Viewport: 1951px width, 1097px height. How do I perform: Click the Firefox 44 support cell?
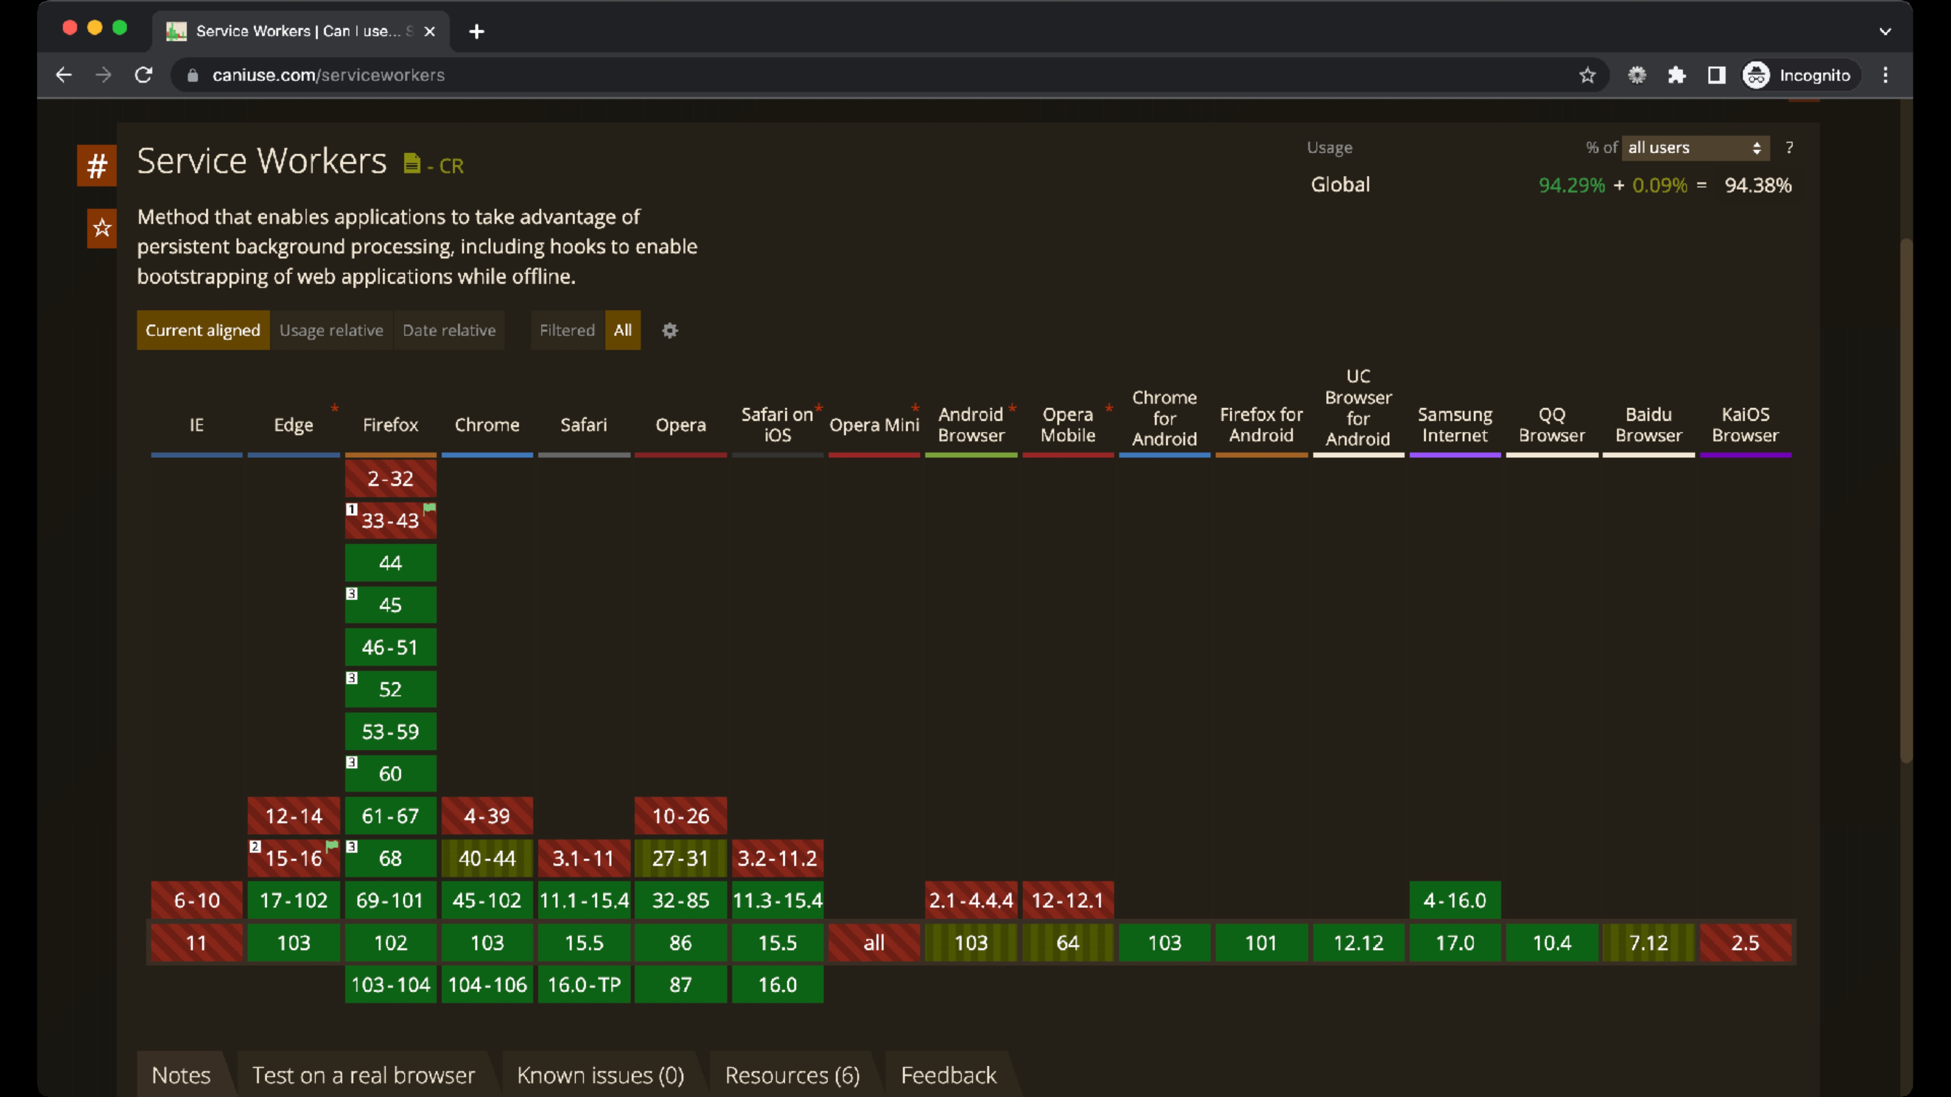pyautogui.click(x=390, y=563)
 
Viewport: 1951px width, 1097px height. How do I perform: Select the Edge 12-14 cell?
pyautogui.click(x=293, y=816)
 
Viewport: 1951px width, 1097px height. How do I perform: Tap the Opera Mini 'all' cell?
pyautogui.click(x=874, y=942)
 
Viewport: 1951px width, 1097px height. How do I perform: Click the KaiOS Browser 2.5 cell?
pyautogui.click(x=1745, y=942)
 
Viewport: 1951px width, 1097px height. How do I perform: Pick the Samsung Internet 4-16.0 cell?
pyautogui.click(x=1455, y=900)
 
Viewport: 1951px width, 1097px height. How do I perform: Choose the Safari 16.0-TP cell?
pyautogui.click(x=584, y=984)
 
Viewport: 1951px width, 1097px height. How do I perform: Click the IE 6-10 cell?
pyautogui.click(x=196, y=900)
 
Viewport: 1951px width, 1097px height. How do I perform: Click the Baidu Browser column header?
pyautogui.click(x=1648, y=425)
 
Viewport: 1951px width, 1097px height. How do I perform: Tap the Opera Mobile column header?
pyautogui.click(x=1068, y=425)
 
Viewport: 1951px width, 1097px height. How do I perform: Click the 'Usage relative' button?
pyautogui.click(x=331, y=330)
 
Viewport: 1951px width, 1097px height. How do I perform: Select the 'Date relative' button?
pyautogui.click(x=449, y=330)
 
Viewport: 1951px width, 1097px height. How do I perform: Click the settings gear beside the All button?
pyautogui.click(x=670, y=330)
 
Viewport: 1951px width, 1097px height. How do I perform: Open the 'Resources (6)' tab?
pyautogui.click(x=792, y=1075)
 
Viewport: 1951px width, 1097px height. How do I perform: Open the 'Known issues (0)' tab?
pyautogui.click(x=600, y=1075)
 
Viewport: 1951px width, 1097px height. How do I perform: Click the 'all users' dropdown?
pyautogui.click(x=1695, y=148)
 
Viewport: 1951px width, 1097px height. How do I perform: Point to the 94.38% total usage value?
pyautogui.click(x=1758, y=185)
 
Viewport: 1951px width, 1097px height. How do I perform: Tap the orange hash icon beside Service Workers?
pyautogui.click(x=97, y=165)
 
